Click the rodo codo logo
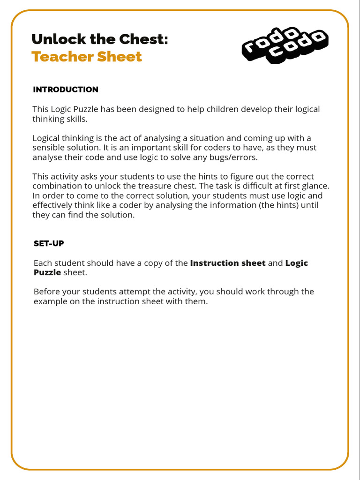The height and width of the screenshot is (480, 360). [285, 46]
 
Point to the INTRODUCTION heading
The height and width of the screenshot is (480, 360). [66, 90]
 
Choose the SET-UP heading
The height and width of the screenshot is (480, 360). [49, 244]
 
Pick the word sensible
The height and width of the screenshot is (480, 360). [48, 148]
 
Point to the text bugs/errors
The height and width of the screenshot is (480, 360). [234, 157]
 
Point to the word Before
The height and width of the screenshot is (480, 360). [46, 292]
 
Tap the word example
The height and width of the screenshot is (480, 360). [50, 301]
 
